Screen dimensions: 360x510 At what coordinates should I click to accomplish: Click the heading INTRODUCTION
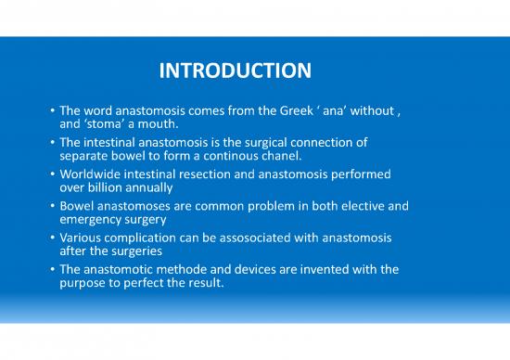(235, 71)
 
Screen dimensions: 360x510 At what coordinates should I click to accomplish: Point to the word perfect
(163, 283)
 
